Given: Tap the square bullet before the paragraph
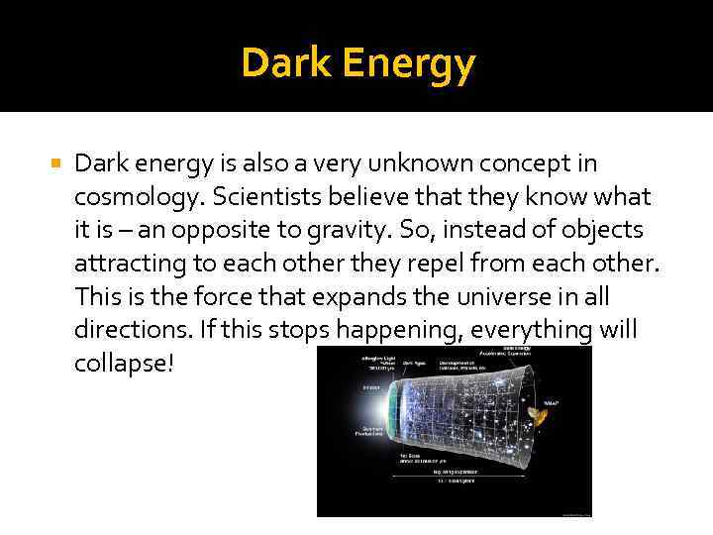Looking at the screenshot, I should pos(55,162).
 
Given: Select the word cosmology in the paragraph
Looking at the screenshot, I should pos(130,197).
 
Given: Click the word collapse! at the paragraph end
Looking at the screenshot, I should pos(124,363).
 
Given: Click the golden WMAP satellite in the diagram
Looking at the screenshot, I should pos(541,420).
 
